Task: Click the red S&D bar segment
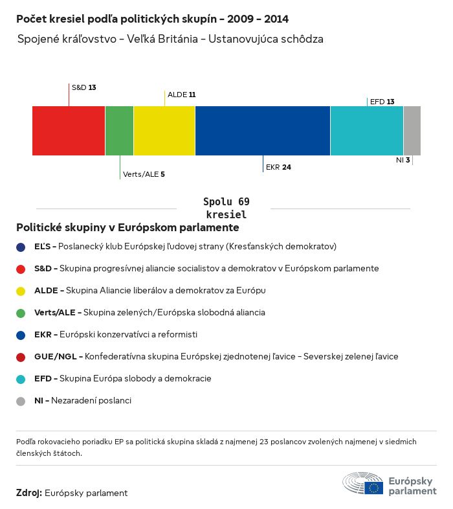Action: click(69, 131)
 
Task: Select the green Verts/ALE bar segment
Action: click(119, 131)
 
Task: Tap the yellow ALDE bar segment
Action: click(164, 131)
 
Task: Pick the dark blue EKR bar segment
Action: click(263, 131)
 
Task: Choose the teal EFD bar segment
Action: click(367, 131)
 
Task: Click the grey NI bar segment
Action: click(412, 131)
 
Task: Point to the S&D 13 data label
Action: click(83, 87)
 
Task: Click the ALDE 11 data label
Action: click(181, 95)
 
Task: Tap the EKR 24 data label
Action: click(278, 167)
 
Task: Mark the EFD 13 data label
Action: click(382, 102)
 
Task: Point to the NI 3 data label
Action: click(403, 159)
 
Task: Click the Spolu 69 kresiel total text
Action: click(226, 208)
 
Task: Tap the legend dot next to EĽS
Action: click(21, 247)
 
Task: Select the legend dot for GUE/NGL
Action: click(21, 357)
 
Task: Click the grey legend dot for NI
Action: click(21, 401)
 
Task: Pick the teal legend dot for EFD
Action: click(21, 379)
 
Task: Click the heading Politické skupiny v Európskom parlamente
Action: click(127, 228)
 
